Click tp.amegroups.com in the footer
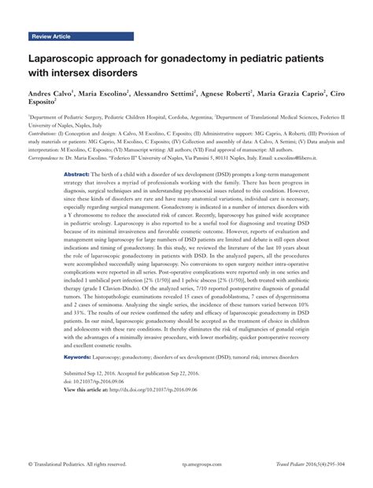(x=186, y=465)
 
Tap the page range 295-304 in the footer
(x=334, y=465)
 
